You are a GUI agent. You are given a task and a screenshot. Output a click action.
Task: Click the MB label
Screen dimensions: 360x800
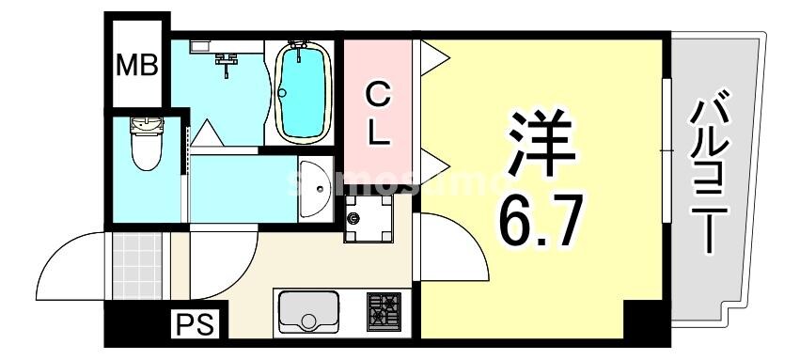136,65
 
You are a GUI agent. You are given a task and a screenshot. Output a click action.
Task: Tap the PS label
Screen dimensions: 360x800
195,326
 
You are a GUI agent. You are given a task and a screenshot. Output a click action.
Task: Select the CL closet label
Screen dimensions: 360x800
378,113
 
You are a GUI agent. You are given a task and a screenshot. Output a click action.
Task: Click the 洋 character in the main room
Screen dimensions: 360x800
538,143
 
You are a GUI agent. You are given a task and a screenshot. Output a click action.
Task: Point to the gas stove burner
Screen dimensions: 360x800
384,309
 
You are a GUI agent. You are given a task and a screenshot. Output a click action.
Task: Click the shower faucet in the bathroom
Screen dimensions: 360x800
227,61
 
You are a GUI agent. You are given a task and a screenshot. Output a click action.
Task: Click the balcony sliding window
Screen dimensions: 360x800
667,150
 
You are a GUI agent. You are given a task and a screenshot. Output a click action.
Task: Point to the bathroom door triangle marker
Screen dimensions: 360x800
208,134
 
